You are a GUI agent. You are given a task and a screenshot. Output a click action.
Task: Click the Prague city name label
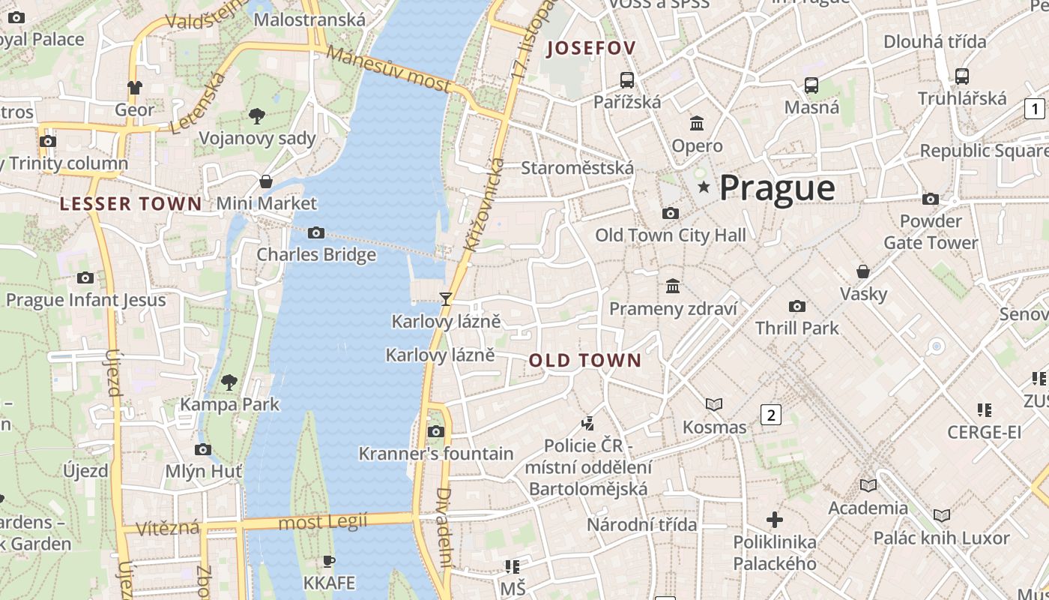point(777,188)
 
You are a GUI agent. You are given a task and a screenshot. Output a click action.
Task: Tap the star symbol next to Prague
point(704,187)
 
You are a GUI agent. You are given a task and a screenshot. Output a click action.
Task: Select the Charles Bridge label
point(316,254)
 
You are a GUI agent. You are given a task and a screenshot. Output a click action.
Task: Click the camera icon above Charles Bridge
point(316,233)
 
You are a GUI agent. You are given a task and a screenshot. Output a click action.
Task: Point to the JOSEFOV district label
point(592,49)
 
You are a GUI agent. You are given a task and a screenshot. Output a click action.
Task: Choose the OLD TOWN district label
point(585,361)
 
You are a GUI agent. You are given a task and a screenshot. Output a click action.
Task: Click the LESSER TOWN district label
point(131,204)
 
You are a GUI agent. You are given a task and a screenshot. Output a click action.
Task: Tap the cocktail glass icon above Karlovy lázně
point(446,299)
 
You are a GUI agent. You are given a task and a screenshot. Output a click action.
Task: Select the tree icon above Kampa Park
point(229,382)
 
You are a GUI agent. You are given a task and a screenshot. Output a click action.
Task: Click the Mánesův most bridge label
point(390,70)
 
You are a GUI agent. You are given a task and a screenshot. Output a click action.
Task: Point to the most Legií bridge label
point(323,522)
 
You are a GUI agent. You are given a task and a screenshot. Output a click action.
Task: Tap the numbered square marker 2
point(771,414)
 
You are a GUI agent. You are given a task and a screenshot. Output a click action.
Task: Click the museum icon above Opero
point(697,123)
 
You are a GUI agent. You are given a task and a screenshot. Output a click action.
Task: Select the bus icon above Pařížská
point(627,79)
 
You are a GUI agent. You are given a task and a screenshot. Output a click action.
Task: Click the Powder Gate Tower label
point(931,232)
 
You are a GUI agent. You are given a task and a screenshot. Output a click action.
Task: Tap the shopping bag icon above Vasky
point(863,271)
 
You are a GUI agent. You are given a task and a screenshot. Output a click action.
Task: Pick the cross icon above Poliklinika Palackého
point(775,519)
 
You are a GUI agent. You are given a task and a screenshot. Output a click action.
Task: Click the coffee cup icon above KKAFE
point(328,561)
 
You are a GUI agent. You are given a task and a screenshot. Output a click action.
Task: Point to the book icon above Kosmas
point(714,405)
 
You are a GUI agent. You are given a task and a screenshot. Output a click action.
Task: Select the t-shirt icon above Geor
point(134,88)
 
